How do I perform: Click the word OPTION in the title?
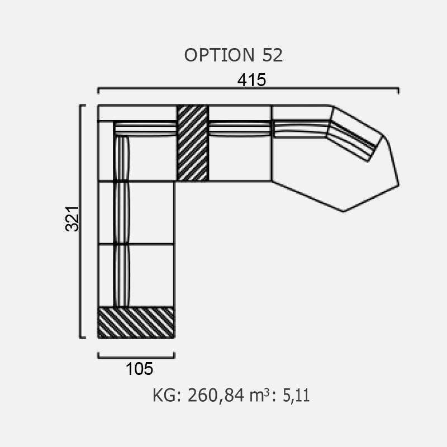(219, 55)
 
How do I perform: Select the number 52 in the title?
(272, 55)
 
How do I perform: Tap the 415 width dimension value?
(251, 80)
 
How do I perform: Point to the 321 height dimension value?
(72, 218)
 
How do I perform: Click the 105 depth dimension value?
(139, 369)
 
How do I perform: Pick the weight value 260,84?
(216, 396)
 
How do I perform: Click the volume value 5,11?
(296, 396)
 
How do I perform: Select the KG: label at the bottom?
(167, 396)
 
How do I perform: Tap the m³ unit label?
(259, 396)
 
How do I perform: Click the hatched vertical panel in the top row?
(193, 143)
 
